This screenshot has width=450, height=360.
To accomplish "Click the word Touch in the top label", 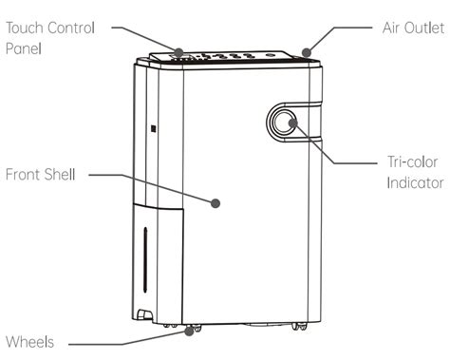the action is point(25,28).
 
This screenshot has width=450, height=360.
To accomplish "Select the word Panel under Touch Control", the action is point(24,48).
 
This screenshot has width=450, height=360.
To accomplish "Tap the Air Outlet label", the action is point(413,28).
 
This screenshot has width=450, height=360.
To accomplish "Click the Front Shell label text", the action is point(41,175).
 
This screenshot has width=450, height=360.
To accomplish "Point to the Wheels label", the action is point(29,342).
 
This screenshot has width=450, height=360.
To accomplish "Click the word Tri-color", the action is point(413,161).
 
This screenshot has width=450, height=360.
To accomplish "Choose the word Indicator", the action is point(415,183).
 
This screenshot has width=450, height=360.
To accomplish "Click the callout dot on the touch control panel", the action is point(178,52).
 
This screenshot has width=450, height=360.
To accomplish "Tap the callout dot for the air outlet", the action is point(307,52).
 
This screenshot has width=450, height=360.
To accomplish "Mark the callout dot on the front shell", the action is point(216,203).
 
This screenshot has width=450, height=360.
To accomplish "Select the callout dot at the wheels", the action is point(189,332).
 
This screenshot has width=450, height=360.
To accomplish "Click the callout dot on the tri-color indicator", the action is point(293,123).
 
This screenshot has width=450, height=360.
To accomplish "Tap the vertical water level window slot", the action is point(145,259).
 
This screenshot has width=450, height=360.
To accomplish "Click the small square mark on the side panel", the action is point(154,129).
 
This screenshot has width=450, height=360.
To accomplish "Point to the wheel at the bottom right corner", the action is point(299,327).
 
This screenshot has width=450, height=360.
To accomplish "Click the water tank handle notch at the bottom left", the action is point(144,313).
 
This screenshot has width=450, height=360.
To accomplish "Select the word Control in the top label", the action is point(72,28).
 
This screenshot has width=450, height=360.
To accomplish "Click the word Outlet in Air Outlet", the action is point(424,28).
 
